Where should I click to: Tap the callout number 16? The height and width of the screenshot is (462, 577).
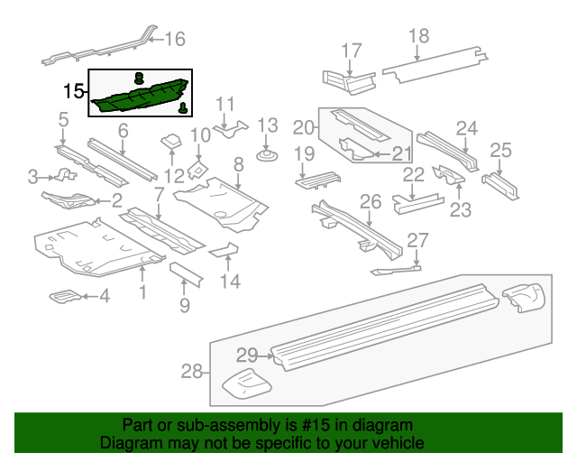click(174, 39)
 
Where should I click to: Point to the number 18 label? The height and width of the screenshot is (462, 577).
click(418, 36)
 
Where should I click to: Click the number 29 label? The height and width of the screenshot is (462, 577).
click(247, 354)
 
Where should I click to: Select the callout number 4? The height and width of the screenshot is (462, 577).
click(105, 295)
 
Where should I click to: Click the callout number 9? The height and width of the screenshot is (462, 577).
click(184, 305)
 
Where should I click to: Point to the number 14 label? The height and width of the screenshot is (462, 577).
click(231, 282)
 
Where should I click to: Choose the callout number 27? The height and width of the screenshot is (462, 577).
click(417, 240)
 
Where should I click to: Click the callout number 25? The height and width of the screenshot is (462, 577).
click(500, 150)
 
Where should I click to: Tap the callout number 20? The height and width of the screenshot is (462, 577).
click(303, 127)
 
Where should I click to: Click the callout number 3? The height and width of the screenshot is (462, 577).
click(32, 176)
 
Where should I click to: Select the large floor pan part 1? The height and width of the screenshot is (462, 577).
click(99, 248)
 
